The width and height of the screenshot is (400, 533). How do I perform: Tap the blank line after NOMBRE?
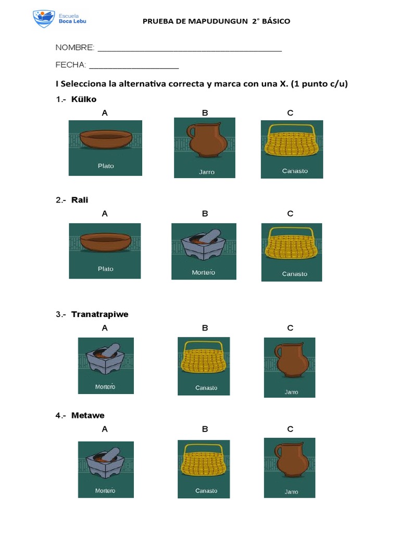pyautogui.click(x=190, y=50)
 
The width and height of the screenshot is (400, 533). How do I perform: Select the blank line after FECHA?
pyautogui.click(x=134, y=68)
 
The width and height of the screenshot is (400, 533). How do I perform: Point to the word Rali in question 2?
pyautogui.click(x=80, y=200)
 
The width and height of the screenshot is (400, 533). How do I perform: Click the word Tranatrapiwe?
pyautogui.click(x=99, y=314)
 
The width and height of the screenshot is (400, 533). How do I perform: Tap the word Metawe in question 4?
pyautogui.click(x=87, y=415)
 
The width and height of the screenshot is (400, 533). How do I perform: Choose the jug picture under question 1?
pyautogui.click(x=205, y=147)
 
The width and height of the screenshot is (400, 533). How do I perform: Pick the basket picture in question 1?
pyautogui.click(x=292, y=149)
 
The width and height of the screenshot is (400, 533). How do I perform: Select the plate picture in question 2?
pyautogui.click(x=105, y=250)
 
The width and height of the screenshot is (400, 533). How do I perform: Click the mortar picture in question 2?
pyautogui.click(x=204, y=251)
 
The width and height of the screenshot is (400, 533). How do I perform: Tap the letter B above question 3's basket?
pyautogui.click(x=205, y=328)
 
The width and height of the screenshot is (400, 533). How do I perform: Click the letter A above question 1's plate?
pyautogui.click(x=105, y=113)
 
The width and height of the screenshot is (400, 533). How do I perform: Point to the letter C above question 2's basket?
pyautogui.click(x=291, y=214)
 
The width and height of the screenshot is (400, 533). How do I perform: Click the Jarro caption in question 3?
pyautogui.click(x=291, y=392)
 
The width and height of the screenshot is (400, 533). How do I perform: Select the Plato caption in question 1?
pyautogui.click(x=106, y=166)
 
